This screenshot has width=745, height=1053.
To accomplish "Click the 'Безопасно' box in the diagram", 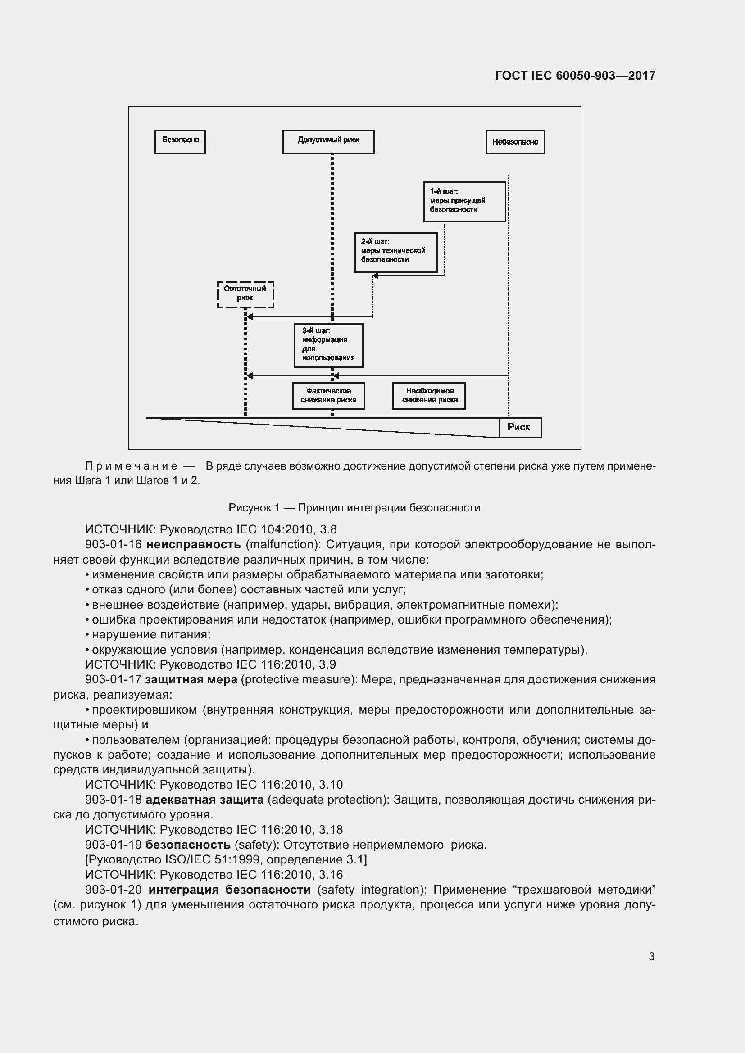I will [x=180, y=142].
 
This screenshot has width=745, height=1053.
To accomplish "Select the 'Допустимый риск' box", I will [x=328, y=142].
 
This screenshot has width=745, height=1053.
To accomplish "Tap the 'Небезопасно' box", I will [x=515, y=142].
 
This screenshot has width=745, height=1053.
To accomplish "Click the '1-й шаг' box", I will [x=464, y=202].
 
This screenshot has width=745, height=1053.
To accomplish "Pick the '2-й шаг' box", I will [x=396, y=252].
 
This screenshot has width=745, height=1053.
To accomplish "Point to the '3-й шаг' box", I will [x=328, y=345].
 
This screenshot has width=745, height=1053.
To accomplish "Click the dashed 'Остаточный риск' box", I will [x=245, y=294].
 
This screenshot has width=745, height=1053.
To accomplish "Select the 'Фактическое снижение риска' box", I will [x=328, y=395].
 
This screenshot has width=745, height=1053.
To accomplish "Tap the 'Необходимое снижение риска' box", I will [x=429, y=395].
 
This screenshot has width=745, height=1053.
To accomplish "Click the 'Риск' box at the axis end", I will [x=520, y=427].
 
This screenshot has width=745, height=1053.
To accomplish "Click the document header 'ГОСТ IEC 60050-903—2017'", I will [x=575, y=76].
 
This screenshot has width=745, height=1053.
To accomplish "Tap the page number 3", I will [x=651, y=956].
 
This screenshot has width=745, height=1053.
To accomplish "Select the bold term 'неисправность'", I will [x=194, y=544].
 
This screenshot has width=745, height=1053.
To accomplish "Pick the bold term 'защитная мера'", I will [x=191, y=679].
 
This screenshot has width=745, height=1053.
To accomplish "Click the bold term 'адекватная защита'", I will [x=204, y=800].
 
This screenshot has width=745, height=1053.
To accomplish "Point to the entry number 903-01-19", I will [x=114, y=844].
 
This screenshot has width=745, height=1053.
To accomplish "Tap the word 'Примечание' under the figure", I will [x=131, y=466].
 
